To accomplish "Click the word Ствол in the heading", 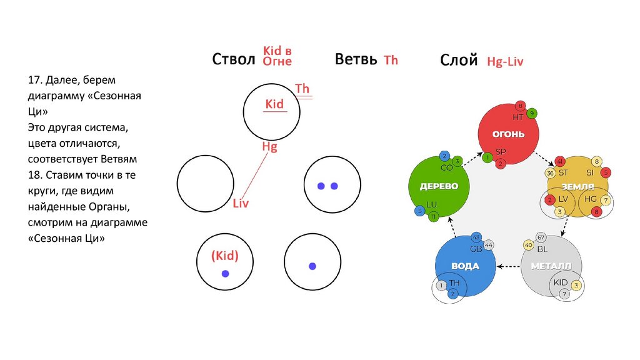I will pos(234,60).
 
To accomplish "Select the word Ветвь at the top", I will pos(356,59).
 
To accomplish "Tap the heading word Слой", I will pos(459,60).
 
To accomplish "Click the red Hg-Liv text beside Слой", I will pos(504,61).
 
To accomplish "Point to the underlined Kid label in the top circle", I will pos(274,104).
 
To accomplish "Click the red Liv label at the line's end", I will pos(241,203).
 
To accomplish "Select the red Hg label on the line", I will pos(269,147).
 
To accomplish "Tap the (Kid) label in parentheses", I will pos(225,256).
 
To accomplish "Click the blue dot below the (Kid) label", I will pos(225,274).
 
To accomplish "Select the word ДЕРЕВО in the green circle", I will pos(439,186).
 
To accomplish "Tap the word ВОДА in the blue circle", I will pos(465,266).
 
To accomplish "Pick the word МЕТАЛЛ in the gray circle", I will pos(551,266).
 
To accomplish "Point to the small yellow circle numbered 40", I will pos(529,246).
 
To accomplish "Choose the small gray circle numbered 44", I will pos(489,244).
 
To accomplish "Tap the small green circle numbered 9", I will pos(532,113).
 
